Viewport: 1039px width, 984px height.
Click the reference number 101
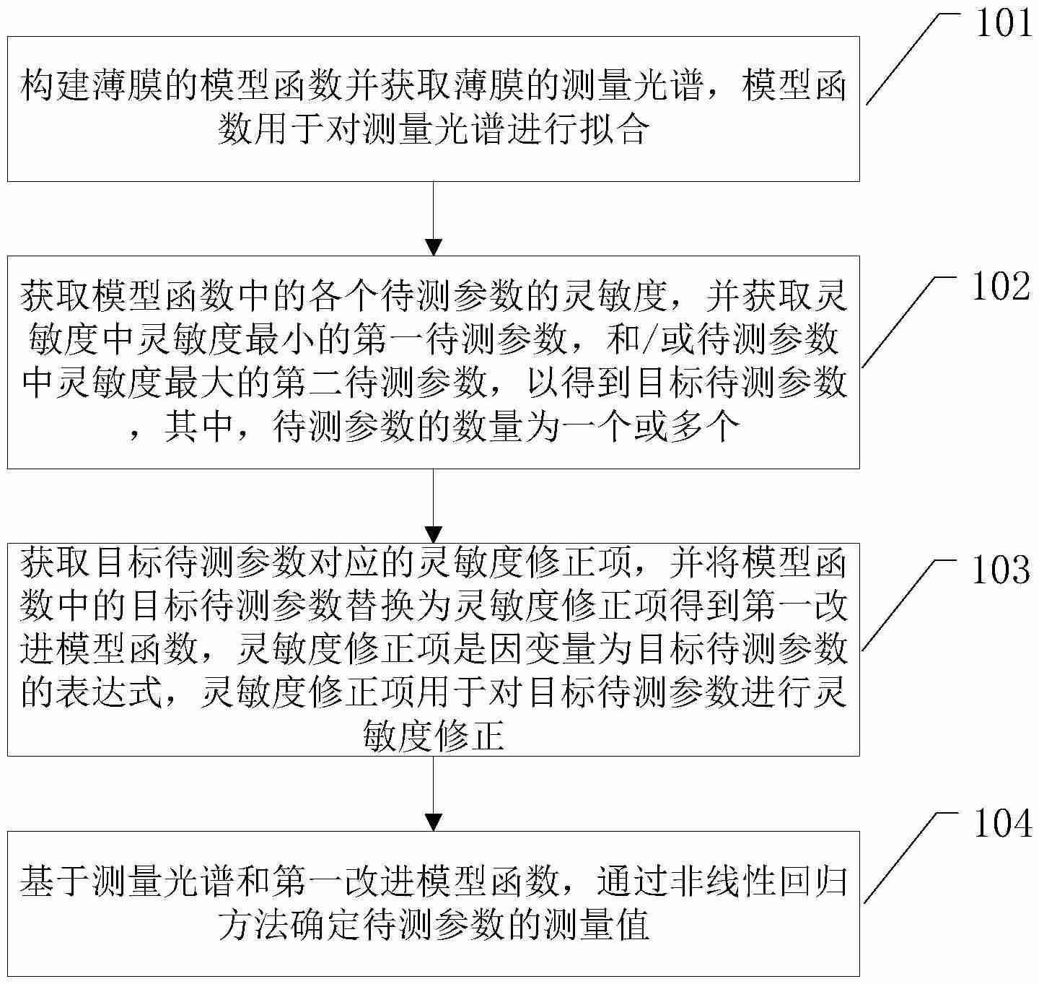[x=1004, y=24]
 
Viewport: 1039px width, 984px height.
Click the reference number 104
[x=1002, y=824]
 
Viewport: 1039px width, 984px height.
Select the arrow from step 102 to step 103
[x=433, y=505]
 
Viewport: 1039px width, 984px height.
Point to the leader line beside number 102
[x=906, y=321]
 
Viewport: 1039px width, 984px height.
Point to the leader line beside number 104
[x=906, y=859]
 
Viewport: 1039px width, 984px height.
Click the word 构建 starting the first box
[x=56, y=87]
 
